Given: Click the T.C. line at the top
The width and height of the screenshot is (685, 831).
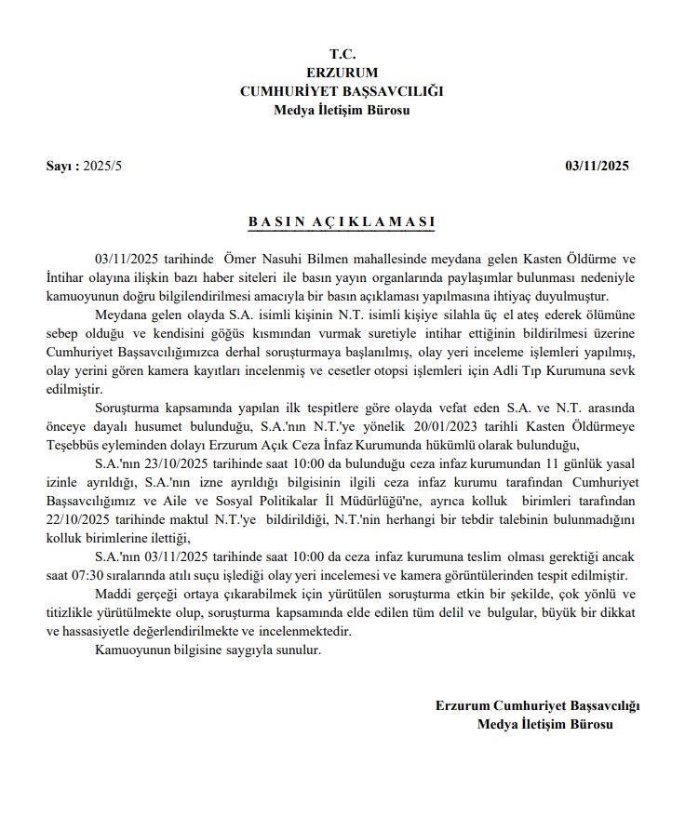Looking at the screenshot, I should click(342, 54).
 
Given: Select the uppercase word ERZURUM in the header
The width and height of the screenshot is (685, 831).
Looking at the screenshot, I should click(342, 73).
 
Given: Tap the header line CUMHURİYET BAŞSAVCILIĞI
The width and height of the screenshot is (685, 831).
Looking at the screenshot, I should click(342, 91).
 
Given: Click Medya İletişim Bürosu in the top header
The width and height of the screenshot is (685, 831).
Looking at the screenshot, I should click(342, 110).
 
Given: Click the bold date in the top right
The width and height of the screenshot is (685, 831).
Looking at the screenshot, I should click(598, 167).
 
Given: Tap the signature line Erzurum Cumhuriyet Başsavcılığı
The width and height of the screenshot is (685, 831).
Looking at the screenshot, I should click(537, 705).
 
